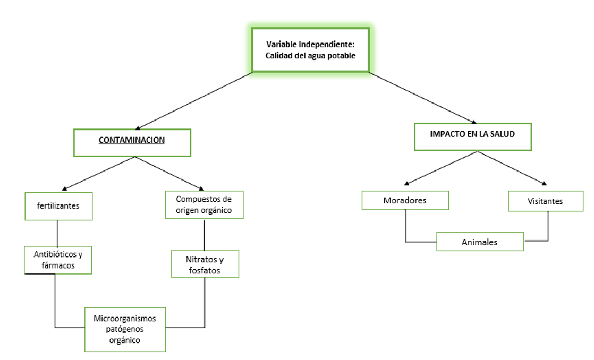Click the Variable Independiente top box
(310, 49)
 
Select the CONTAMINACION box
(132, 143)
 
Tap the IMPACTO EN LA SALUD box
(473, 136)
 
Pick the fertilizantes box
(59, 207)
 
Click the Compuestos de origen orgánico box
(204, 205)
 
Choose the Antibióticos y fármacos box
(58, 260)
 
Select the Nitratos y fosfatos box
(205, 264)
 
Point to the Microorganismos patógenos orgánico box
(125, 329)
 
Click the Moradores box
(405, 200)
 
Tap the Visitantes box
(546, 201)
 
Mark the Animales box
(480, 242)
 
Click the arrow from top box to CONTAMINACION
(194, 101)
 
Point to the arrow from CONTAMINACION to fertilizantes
(98, 174)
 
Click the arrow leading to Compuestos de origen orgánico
(169, 174)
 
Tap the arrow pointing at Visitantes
(512, 168)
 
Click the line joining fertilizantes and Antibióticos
(57, 233)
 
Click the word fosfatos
(205, 270)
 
